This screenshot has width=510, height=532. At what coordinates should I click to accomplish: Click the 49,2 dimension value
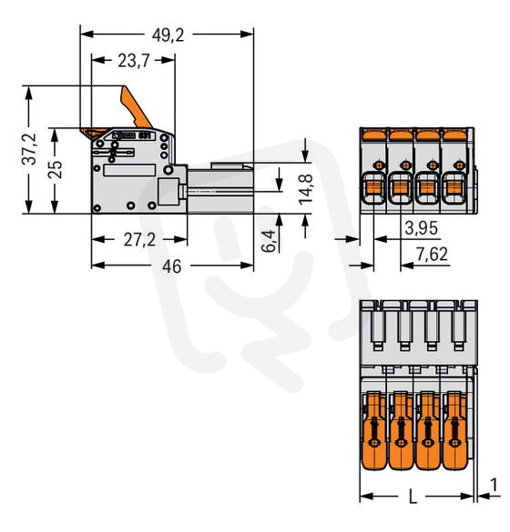[168, 35]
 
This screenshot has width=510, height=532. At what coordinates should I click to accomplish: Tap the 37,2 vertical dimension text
[29, 149]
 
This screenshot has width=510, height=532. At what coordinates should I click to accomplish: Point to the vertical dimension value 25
[55, 169]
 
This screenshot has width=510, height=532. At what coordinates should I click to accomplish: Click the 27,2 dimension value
[139, 240]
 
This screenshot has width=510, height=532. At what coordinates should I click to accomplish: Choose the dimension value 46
[171, 266]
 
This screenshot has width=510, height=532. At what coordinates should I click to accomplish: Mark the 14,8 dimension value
[306, 189]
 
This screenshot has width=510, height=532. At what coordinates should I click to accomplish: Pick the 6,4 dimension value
[269, 241]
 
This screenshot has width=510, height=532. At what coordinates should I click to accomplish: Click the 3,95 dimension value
[421, 228]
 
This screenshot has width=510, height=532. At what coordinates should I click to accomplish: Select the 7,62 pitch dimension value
[432, 255]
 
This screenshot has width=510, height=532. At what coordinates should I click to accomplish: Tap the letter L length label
[413, 497]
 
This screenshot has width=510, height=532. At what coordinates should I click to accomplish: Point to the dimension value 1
[494, 486]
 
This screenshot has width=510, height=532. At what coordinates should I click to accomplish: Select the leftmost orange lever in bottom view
[373, 430]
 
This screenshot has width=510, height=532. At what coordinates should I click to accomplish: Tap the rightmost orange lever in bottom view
[454, 430]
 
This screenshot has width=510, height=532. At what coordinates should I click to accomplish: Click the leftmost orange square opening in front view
[373, 187]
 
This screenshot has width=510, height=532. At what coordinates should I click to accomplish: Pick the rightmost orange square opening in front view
[454, 187]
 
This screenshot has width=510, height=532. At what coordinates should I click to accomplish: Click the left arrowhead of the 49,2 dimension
[87, 34]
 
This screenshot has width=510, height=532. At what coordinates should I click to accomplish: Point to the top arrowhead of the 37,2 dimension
[29, 92]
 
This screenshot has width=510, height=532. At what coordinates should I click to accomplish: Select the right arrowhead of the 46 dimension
[247, 266]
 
